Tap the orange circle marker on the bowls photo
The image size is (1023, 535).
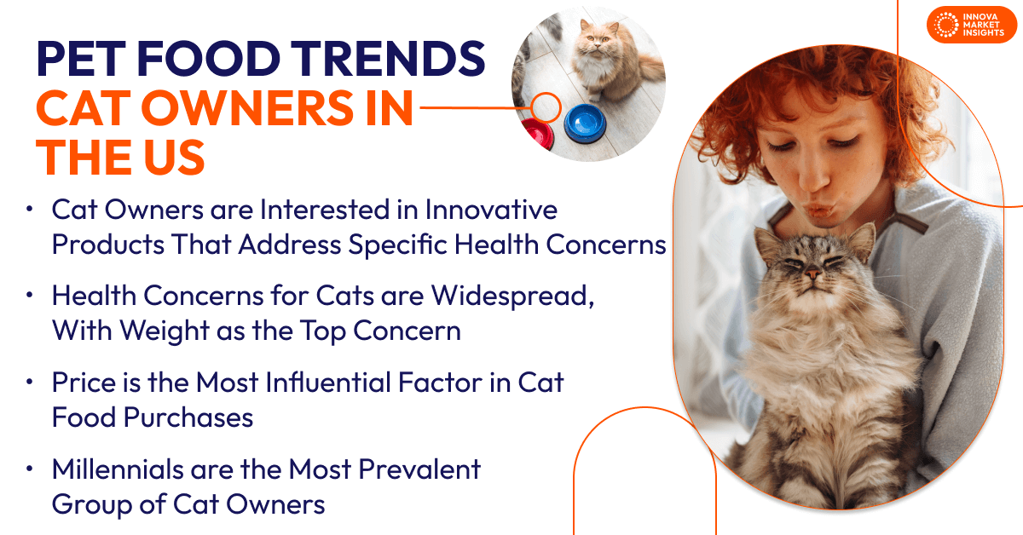coord(545,109)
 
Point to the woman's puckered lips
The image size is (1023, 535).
coord(821,208)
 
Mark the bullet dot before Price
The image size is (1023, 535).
coord(32,383)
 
